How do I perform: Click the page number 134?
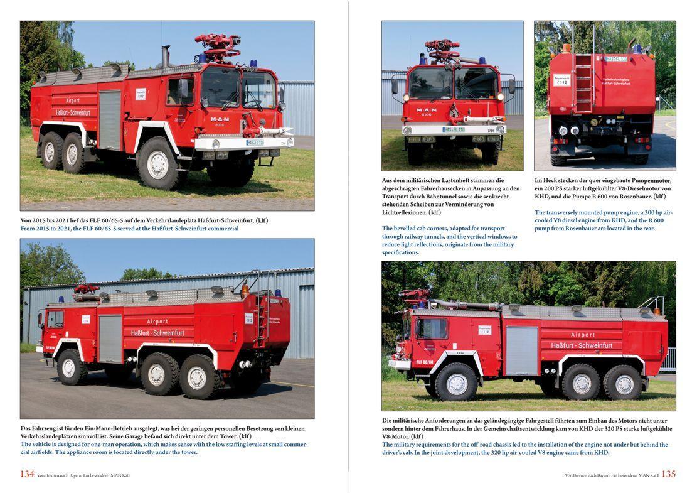click(x=27, y=474)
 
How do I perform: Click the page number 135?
click(x=669, y=474)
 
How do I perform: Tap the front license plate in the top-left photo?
click(x=255, y=143)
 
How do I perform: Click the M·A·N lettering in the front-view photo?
click(x=427, y=109)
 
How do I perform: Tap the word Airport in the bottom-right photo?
click(x=583, y=335)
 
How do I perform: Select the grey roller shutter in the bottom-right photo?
click(x=522, y=352)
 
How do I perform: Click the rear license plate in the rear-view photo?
click(x=617, y=59)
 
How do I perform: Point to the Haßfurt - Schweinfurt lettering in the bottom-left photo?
click(x=157, y=332)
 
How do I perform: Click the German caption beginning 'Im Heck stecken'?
click(x=603, y=188)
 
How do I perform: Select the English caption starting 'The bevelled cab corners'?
click(x=450, y=241)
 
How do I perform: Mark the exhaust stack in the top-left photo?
click(x=166, y=57)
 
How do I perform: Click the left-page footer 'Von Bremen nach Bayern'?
click(x=83, y=475)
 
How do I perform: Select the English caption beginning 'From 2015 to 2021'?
click(x=130, y=229)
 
